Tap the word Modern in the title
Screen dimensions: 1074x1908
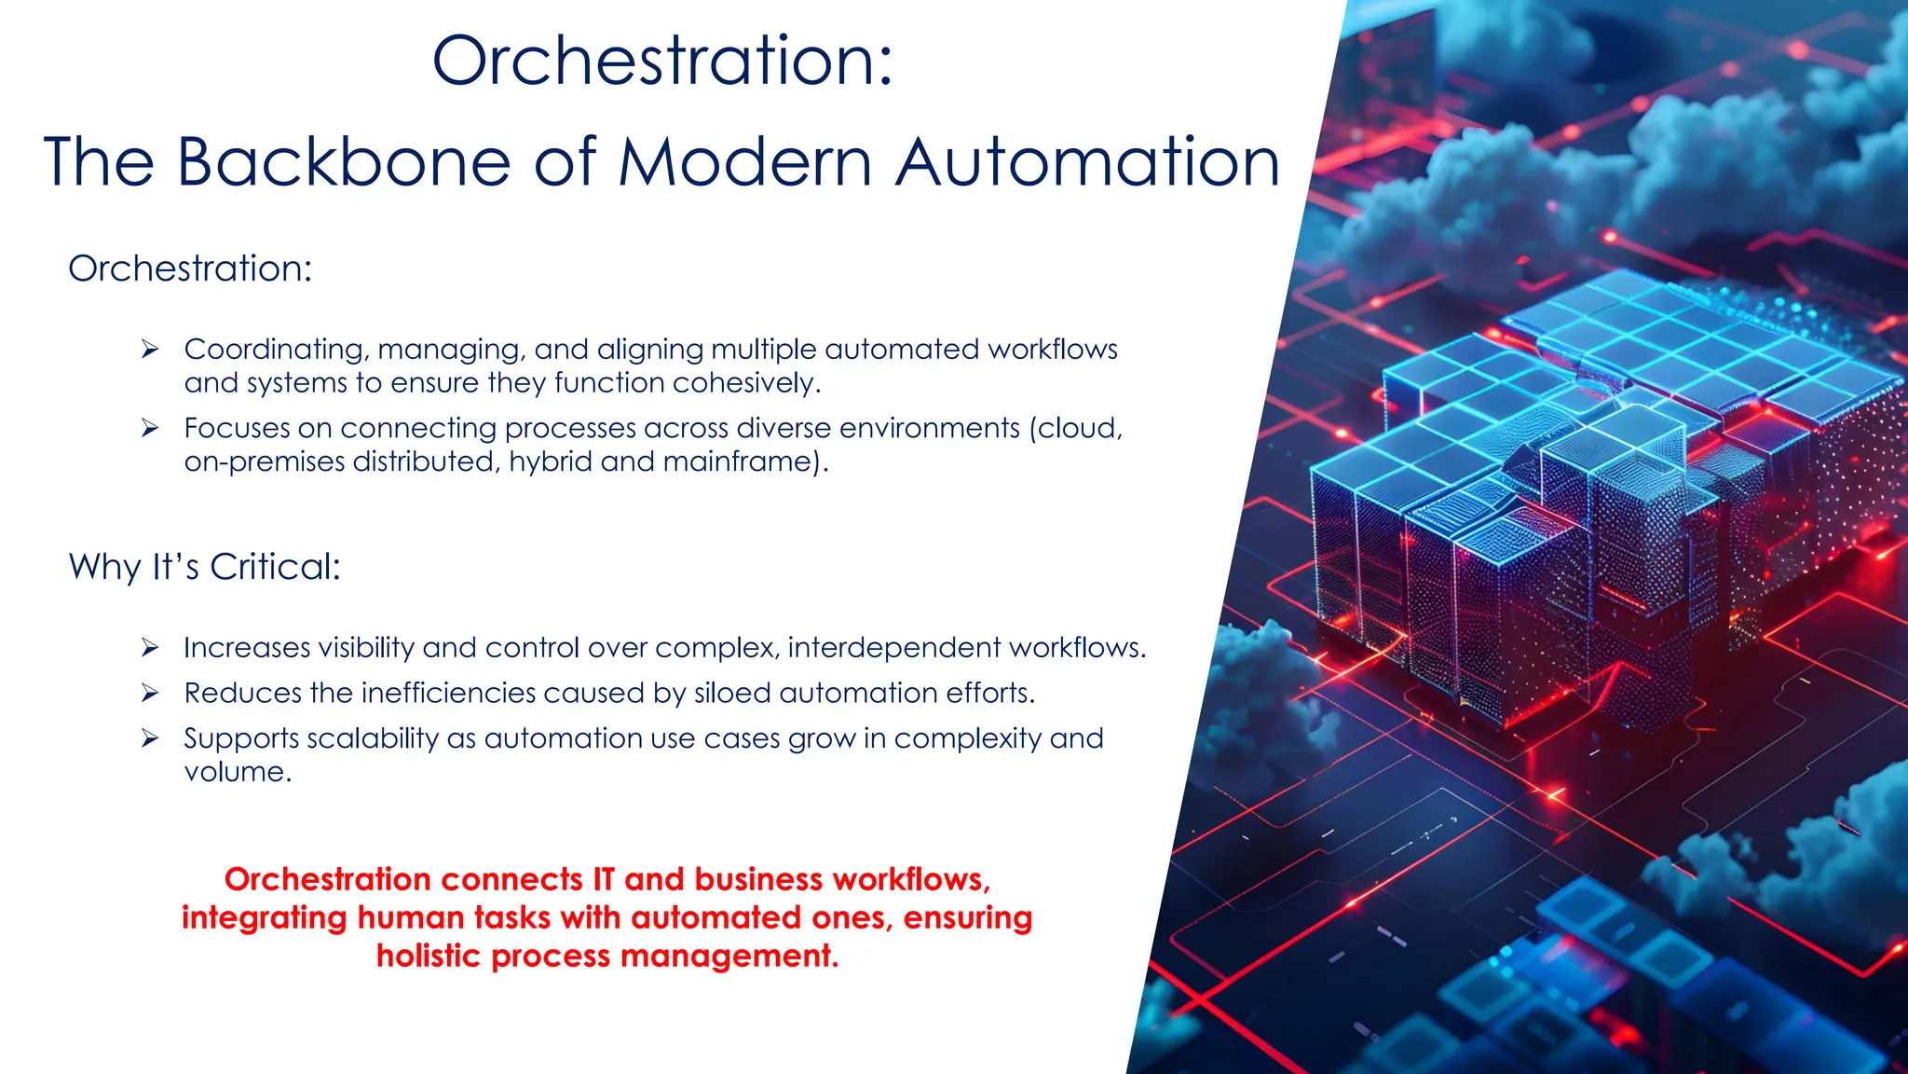click(x=745, y=162)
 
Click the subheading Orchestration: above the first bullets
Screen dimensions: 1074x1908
click(x=190, y=268)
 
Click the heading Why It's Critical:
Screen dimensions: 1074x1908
click(x=205, y=567)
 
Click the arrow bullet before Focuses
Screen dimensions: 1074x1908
click(x=150, y=428)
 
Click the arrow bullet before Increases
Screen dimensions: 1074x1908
click(x=150, y=648)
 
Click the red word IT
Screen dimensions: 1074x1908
click(x=603, y=879)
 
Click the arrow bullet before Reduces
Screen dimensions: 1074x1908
click(x=150, y=693)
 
